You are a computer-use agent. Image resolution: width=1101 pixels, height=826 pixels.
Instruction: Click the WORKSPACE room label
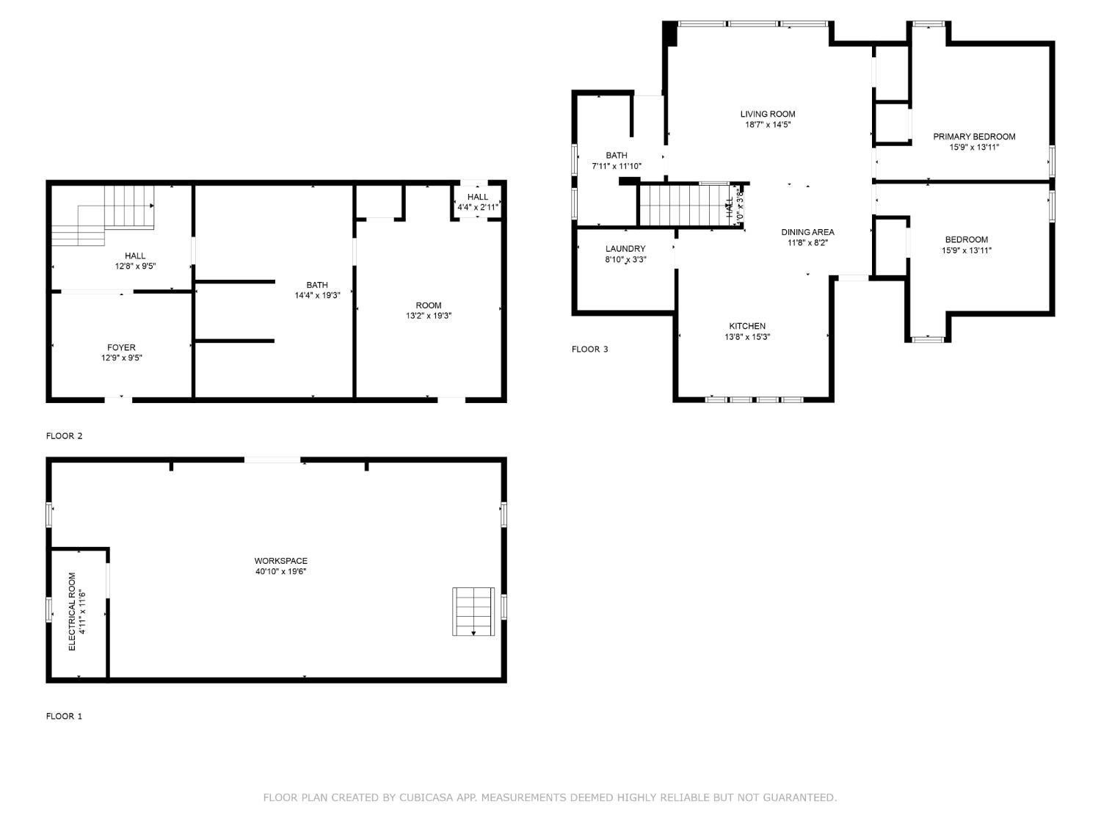[280, 561]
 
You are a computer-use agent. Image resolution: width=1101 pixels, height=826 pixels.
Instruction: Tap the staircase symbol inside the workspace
[473, 611]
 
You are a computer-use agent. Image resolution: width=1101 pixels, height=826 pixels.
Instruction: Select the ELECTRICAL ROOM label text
[73, 611]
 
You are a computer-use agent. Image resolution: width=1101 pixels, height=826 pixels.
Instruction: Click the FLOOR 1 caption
[65, 716]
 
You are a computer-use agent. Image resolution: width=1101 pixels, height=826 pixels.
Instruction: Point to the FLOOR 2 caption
[65, 436]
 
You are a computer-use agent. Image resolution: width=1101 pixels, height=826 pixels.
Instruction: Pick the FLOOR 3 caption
[590, 349]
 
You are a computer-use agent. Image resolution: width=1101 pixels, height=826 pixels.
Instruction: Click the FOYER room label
[121, 347]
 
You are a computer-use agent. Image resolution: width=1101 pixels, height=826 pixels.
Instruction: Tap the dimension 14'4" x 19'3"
[317, 296]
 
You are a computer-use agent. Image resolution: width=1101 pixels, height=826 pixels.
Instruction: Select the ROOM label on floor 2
[429, 305]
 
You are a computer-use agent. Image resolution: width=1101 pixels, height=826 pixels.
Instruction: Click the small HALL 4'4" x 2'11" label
[478, 202]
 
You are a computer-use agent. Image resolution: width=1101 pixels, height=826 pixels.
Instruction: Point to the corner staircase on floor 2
[110, 214]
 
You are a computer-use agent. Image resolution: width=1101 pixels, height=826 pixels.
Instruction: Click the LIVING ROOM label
[768, 114]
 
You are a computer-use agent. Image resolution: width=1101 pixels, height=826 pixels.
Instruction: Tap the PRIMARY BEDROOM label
[974, 137]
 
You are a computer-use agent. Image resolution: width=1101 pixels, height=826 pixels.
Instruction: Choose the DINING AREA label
[807, 232]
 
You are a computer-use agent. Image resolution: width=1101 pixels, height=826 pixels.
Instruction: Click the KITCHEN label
[747, 326]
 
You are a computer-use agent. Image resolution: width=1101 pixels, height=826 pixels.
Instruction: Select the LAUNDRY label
[625, 249]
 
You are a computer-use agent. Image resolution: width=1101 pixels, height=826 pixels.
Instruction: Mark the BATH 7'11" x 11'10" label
[617, 161]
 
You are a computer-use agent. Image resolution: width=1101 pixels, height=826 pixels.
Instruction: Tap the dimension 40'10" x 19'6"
[280, 571]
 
